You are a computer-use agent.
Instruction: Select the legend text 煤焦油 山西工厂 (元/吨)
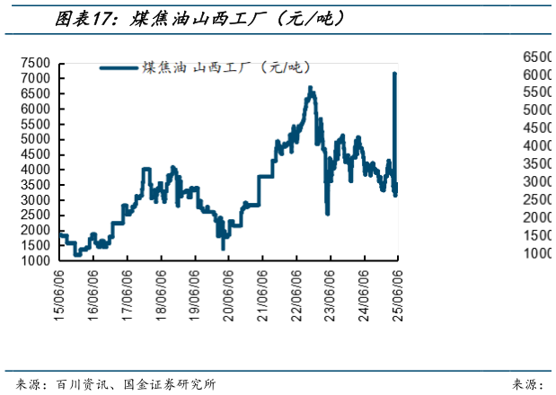click(232, 67)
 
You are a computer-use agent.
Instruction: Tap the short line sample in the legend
click(119, 67)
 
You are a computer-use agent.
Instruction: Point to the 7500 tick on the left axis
click(36, 63)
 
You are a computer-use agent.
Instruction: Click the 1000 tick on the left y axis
click(36, 260)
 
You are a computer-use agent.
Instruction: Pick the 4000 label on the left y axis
click(36, 169)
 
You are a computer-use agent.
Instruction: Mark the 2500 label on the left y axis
click(36, 215)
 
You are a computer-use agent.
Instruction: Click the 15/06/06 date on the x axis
click(60, 293)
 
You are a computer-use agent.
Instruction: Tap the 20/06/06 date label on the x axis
click(229, 293)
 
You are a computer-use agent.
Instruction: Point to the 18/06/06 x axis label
click(162, 293)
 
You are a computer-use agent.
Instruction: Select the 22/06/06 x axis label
click(296, 293)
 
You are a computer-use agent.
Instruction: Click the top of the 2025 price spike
click(394, 75)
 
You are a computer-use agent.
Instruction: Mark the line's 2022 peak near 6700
click(310, 88)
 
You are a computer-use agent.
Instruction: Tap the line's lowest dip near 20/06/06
click(223, 247)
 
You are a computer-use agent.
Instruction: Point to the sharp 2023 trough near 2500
click(327, 214)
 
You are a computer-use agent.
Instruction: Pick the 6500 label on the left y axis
click(36, 93)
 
